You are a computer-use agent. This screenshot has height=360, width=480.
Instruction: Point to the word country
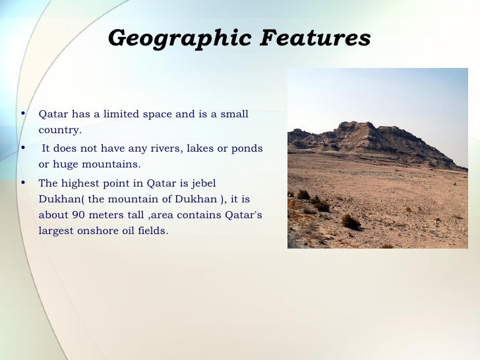(59, 130)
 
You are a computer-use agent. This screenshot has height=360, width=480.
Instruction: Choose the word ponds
(247, 148)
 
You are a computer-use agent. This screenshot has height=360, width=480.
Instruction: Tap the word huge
(64, 164)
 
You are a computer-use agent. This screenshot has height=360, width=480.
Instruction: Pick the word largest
(57, 231)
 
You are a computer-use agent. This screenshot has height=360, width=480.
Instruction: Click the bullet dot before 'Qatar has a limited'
(23, 113)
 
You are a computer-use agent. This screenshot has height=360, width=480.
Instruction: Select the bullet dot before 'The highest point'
(23, 183)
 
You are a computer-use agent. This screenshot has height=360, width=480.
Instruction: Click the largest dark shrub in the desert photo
(351, 223)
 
